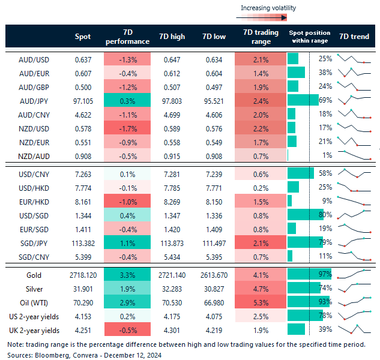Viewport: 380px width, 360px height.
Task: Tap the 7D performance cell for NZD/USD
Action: point(127,127)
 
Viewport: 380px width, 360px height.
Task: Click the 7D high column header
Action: point(170,37)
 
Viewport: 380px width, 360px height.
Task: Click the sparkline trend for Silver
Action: point(354,287)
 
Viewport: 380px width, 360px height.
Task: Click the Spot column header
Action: point(83,37)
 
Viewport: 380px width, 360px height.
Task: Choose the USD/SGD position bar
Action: point(305,214)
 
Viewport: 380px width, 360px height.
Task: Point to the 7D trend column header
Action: point(354,37)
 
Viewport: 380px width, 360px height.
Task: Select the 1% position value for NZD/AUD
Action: point(327,155)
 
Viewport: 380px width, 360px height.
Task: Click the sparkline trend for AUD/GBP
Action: point(354,86)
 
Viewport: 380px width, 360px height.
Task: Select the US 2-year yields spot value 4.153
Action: point(83,315)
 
